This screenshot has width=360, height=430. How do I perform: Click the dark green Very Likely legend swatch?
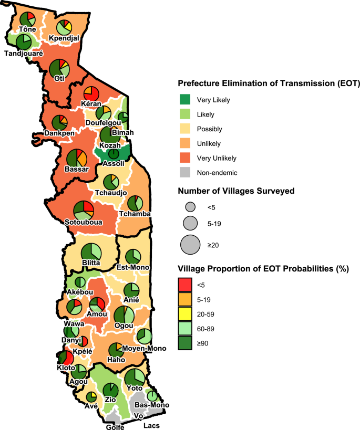184,100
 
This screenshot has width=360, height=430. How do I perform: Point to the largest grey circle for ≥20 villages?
190,244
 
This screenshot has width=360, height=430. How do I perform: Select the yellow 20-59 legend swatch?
184,314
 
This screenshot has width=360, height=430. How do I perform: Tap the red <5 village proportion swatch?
184,285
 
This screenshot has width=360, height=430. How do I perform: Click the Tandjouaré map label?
24,54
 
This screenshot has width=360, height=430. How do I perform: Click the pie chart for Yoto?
135,378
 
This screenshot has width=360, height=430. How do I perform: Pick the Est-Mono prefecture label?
132,268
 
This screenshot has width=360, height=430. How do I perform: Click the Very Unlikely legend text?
217,158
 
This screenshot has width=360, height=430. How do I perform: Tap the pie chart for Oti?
59,69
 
